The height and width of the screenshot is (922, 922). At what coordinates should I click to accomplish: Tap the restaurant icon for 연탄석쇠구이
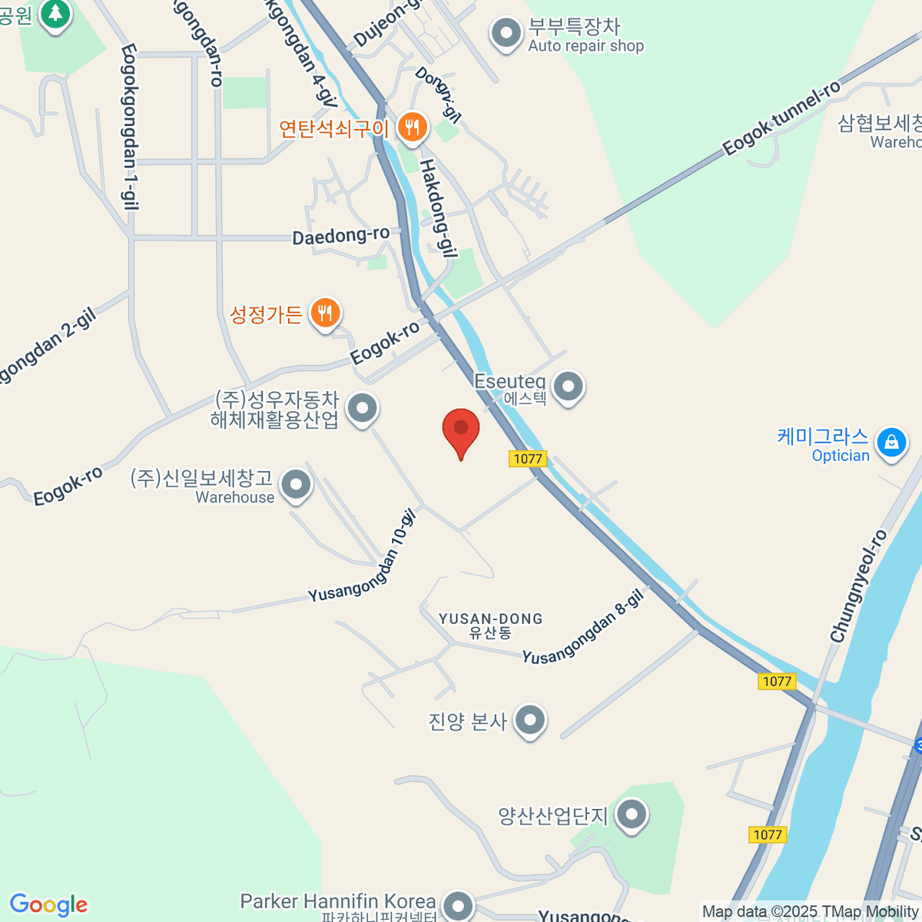413,127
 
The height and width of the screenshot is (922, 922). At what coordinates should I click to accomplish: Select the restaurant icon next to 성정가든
326,313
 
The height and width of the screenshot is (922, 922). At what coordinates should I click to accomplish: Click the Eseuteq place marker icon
569,386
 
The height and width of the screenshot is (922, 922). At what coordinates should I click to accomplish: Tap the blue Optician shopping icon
891,443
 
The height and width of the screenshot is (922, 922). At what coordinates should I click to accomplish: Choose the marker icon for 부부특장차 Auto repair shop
506,33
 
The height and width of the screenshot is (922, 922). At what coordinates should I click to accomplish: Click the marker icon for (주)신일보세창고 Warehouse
296,485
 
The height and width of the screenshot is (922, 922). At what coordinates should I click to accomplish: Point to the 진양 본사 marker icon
530,720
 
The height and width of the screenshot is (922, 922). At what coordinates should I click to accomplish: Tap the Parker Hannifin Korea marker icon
459,904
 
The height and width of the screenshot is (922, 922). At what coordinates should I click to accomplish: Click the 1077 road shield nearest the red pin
527,459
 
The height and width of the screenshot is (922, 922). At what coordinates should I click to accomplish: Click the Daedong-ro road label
340,235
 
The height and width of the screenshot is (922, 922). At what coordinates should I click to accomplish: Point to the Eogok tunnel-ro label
781,119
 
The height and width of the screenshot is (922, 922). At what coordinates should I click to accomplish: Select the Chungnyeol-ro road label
858,586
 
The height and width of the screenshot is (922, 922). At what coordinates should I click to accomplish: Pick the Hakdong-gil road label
438,207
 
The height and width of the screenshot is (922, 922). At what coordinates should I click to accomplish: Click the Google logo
48,904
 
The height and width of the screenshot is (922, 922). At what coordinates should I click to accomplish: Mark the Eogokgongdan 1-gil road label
129,127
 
